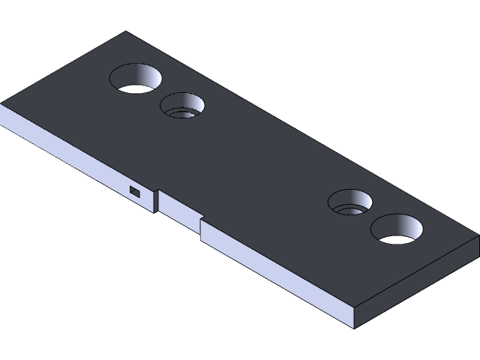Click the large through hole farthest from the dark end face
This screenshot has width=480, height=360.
pos(136,77)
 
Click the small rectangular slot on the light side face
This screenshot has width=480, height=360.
pos(134,191)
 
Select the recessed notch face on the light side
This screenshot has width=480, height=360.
pos(179,210)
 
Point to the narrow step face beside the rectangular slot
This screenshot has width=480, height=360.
pos(157,201)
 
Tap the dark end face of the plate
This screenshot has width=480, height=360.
pos(416,285)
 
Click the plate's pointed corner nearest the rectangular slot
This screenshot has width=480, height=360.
pos(2,104)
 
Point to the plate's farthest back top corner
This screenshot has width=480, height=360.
pos(125,32)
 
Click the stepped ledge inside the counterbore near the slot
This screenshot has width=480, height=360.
pos(180,112)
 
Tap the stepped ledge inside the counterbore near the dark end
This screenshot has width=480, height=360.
pos(349,209)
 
